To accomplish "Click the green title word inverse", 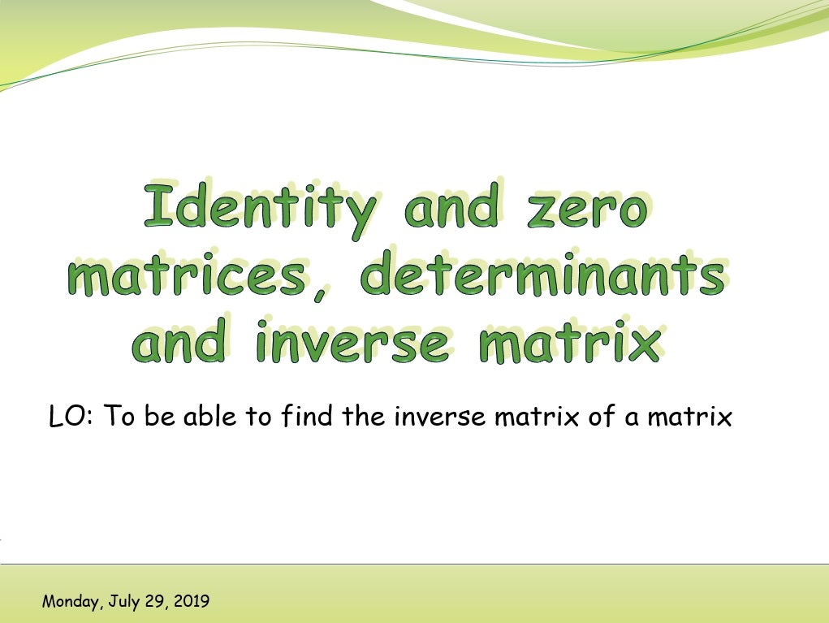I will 351,343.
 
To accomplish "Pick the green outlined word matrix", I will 569,343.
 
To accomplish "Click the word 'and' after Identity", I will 451,207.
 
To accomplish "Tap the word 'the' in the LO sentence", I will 365,417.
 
